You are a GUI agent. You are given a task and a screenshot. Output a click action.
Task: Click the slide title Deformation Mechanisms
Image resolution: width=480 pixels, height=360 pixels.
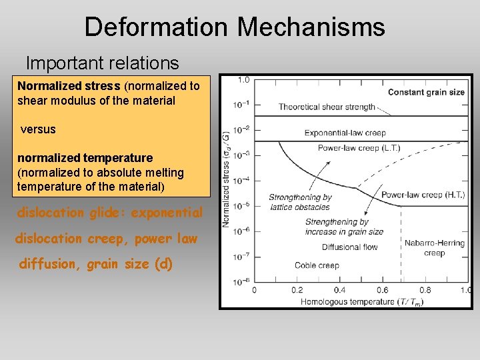click(235, 27)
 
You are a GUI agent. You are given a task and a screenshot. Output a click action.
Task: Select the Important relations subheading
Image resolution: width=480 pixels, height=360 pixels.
click(102, 63)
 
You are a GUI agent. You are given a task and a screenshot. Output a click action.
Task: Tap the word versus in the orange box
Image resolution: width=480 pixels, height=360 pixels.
click(38, 129)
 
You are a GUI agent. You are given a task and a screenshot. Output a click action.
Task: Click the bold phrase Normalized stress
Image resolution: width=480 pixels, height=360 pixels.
click(69, 86)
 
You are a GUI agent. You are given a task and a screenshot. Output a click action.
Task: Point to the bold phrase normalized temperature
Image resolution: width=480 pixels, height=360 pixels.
click(85, 158)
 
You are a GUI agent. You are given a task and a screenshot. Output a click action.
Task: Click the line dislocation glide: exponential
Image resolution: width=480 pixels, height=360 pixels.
click(109, 213)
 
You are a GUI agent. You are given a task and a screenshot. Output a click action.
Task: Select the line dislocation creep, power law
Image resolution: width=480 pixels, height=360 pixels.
click(106, 238)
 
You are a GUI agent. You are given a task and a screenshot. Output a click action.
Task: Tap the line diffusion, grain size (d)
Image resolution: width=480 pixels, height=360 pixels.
click(96, 264)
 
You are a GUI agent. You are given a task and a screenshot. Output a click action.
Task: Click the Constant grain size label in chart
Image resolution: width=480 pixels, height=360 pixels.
click(426, 92)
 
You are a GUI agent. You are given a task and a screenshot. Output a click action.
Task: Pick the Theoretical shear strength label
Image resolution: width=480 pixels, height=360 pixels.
click(327, 107)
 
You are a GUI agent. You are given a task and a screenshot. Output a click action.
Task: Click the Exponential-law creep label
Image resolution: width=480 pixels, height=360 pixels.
click(345, 133)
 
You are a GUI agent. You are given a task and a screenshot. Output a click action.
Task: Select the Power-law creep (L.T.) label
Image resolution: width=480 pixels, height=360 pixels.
click(359, 148)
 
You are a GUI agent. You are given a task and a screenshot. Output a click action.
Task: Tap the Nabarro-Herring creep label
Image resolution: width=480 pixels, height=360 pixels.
click(434, 248)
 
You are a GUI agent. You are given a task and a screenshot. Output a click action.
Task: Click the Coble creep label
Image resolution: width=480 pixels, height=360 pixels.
click(317, 265)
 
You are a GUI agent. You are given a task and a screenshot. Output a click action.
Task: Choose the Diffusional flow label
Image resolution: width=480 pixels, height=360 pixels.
click(349, 247)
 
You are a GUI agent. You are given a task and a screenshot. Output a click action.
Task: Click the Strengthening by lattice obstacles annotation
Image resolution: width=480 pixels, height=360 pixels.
click(300, 202)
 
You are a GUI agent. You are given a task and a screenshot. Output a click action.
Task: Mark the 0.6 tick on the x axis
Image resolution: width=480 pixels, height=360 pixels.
click(382, 290)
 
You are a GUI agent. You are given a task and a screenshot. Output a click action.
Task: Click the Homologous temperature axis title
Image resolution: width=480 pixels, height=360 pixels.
click(363, 301)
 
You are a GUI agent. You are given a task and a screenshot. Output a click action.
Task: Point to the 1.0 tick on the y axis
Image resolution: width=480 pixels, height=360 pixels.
click(243, 80)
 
